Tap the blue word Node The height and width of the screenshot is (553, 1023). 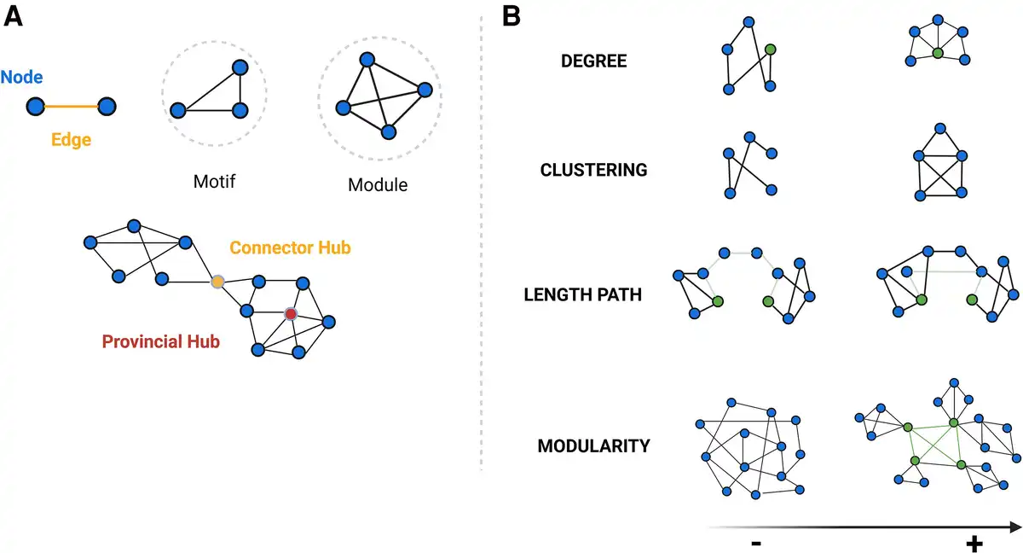point(22,78)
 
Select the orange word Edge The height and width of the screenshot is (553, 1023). point(71,139)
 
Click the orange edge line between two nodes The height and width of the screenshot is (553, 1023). point(71,107)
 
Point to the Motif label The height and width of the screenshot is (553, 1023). point(215,181)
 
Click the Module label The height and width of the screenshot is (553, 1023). point(378,183)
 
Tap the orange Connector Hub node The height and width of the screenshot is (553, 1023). point(218,281)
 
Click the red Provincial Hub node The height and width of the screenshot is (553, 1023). point(291,314)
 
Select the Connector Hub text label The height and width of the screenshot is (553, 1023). point(290,247)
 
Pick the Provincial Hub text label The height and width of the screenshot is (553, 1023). point(160,342)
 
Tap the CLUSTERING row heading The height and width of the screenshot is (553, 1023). point(594,170)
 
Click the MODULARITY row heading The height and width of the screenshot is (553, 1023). point(594,445)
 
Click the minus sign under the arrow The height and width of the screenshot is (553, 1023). point(755,544)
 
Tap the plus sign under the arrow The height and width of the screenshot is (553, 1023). point(974,544)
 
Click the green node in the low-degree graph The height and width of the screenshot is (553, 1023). point(770,50)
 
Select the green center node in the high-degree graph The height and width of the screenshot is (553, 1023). point(937,54)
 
